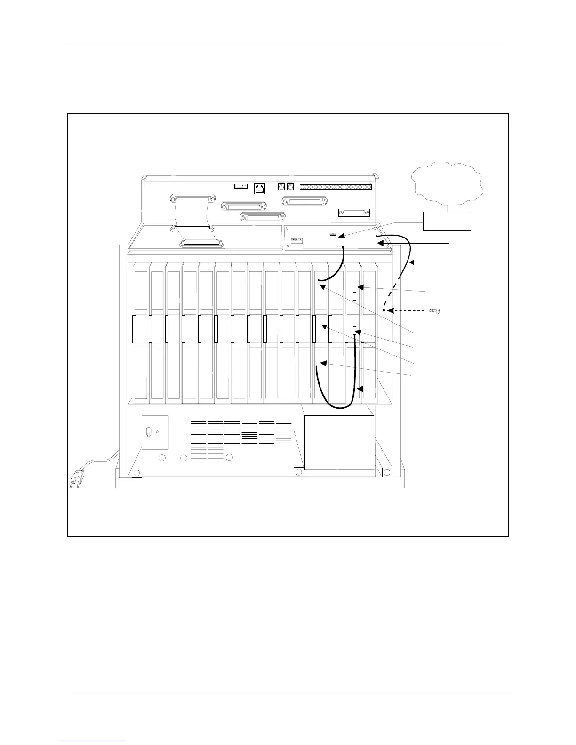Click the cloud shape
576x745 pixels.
[x=448, y=184]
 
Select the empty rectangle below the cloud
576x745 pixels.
[x=447, y=221]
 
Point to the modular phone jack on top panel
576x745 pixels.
[x=259, y=188]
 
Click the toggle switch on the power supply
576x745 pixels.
[x=149, y=431]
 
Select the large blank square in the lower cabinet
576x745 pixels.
[x=339, y=442]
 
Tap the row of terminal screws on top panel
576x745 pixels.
[x=336, y=187]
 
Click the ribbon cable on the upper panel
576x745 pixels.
[x=191, y=212]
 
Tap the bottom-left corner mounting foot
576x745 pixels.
[x=136, y=472]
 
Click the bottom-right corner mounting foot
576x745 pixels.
[x=387, y=472]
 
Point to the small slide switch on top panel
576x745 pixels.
[x=241, y=186]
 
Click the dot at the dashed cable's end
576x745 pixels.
[x=384, y=311]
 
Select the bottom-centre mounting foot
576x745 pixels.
[x=298, y=472]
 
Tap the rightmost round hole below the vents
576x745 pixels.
[x=229, y=458]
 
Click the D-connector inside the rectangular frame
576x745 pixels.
[x=354, y=213]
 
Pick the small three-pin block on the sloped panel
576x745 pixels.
[x=296, y=240]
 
